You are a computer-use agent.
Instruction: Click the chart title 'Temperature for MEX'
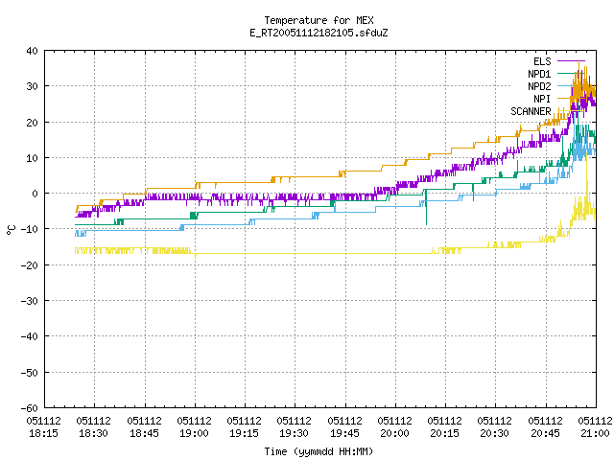(x=319, y=20)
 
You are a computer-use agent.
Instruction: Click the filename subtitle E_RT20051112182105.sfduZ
(x=319, y=33)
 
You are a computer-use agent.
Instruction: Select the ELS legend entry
(x=542, y=61)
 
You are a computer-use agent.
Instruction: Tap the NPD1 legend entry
(x=539, y=74)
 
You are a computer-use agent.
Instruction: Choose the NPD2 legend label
(x=539, y=86)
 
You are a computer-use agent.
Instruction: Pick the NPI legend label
(x=542, y=99)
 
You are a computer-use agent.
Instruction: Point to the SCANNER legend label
(x=531, y=111)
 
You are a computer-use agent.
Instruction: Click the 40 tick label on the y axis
(x=32, y=51)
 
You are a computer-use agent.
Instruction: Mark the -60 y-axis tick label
(x=30, y=408)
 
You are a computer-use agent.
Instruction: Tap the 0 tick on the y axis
(x=35, y=194)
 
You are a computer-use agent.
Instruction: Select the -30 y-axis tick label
(x=30, y=301)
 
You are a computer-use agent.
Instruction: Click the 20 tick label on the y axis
(x=32, y=123)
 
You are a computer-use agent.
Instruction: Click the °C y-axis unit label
(x=11, y=230)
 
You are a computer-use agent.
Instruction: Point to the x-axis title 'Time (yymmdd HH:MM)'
(x=319, y=451)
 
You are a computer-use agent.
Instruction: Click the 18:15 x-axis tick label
(x=44, y=427)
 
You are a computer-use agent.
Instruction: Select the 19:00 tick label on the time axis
(x=195, y=427)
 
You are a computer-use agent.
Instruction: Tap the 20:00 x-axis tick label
(x=395, y=427)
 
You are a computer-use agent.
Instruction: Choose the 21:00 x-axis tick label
(x=595, y=427)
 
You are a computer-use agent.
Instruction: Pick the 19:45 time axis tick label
(x=345, y=427)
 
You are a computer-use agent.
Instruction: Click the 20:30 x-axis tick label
(x=495, y=427)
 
